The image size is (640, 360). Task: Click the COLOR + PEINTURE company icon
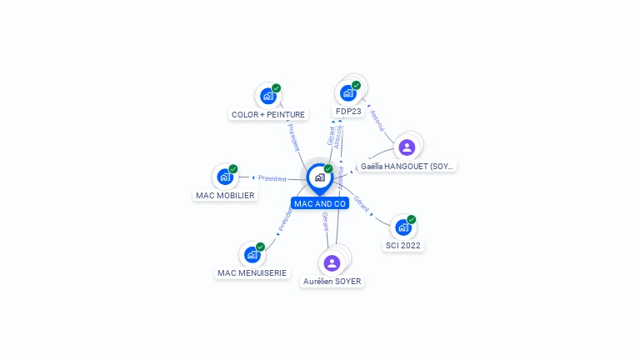[267, 96]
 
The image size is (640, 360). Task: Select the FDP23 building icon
[348, 92]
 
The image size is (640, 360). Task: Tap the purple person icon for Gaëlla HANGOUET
[407, 147]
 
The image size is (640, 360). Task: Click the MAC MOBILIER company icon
[225, 177]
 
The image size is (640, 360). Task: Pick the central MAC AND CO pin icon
[319, 177]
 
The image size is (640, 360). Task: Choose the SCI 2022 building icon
[403, 227]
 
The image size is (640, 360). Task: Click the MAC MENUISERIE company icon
[252, 254]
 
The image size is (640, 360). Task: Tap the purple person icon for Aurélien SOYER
[332, 263]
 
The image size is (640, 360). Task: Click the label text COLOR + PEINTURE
[268, 114]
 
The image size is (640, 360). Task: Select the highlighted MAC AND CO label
[320, 203]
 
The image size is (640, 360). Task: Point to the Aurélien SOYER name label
[332, 282]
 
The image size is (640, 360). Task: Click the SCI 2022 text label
[403, 246]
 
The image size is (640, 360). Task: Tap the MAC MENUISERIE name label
[252, 272]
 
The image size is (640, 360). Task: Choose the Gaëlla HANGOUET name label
[407, 166]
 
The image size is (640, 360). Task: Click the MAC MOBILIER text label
[225, 195]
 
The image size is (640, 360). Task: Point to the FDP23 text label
[348, 111]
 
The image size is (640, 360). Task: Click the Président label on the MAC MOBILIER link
[272, 178]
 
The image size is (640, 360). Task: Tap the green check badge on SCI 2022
[411, 219]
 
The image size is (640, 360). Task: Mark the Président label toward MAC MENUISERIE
[285, 219]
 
